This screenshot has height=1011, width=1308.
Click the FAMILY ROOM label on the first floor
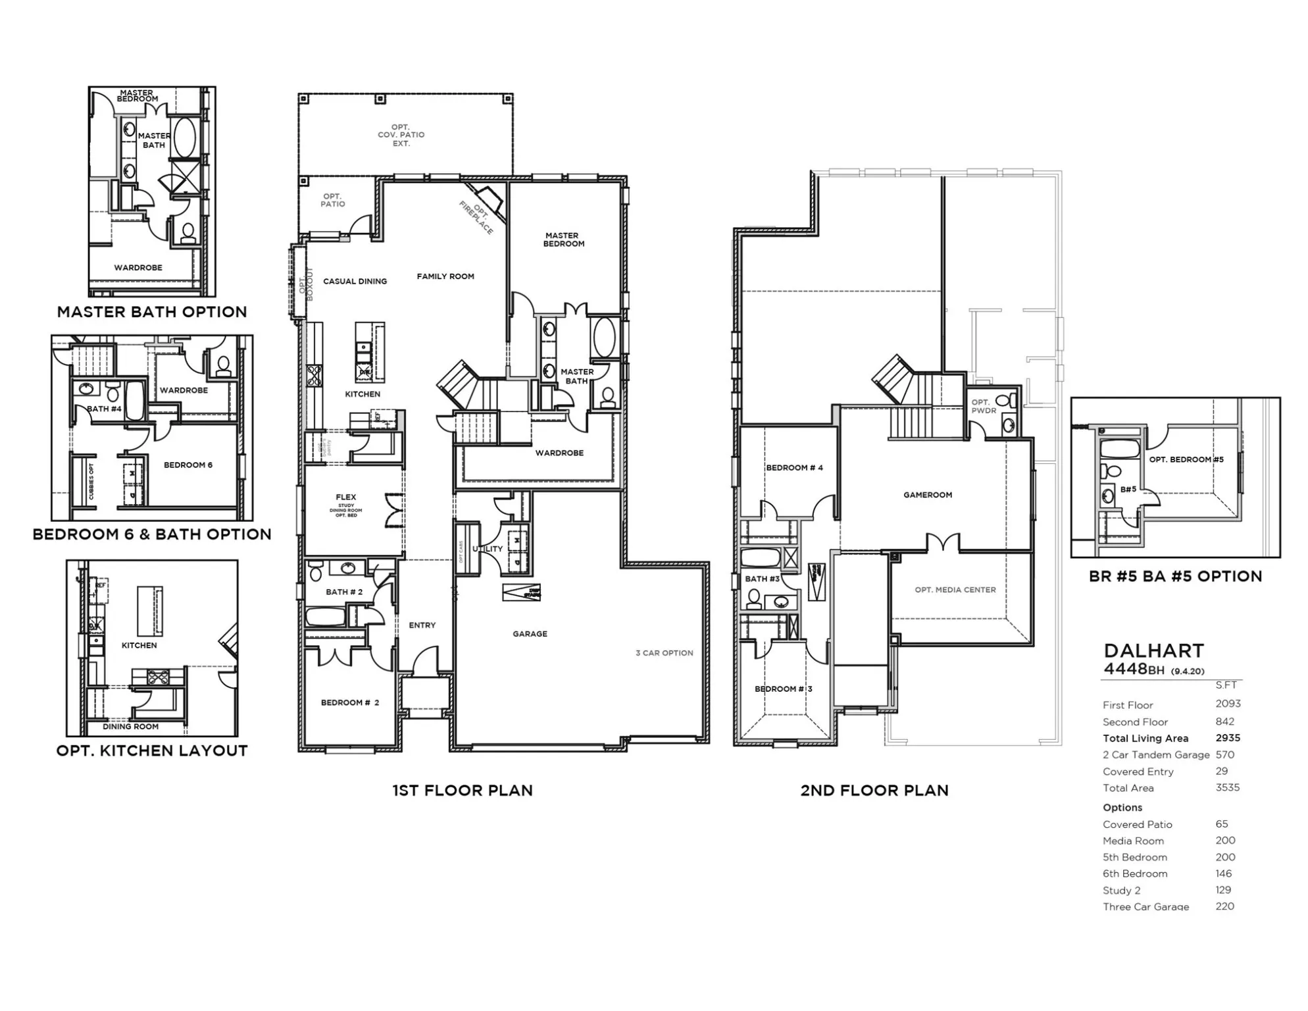coord(445,276)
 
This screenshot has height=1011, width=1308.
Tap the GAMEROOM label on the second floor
coord(928,495)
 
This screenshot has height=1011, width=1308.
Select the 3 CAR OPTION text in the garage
coord(664,653)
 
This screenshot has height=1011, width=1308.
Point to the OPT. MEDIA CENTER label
coord(955,590)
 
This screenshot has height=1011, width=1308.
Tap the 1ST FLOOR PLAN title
coord(463,791)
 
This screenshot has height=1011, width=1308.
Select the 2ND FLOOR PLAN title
coord(874,791)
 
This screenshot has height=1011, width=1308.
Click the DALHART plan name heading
coord(1154,651)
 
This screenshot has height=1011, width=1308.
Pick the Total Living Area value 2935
coord(1228,738)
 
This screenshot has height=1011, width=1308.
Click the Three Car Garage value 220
coord(1224,906)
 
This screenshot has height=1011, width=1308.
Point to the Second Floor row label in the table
coord(1135,722)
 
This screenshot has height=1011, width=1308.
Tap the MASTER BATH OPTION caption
coord(152,312)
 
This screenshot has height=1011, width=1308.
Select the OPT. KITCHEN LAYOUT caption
coord(152,751)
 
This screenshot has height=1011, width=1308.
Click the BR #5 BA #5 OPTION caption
coord(1175,577)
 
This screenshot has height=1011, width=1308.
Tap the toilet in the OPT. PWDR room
coord(1003,400)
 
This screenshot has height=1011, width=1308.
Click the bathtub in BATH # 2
coord(325,617)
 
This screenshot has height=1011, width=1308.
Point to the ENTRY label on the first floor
coord(422,625)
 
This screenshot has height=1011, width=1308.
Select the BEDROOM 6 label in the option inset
coord(188,465)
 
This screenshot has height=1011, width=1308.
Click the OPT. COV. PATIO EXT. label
coord(401,135)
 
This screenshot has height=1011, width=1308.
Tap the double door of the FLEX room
coord(395,511)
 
